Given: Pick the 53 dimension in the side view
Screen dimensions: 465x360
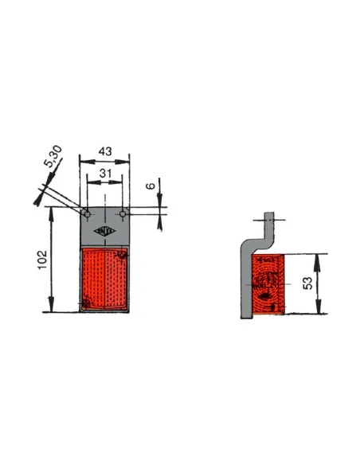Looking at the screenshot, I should coord(307,283).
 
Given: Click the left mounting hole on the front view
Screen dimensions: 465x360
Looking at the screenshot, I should coord(87,214).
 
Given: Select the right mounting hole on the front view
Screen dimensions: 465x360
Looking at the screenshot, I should coord(122,214).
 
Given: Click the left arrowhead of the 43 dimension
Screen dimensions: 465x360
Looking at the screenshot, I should coord(83,159).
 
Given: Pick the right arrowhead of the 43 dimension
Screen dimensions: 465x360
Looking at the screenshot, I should coord(126,159).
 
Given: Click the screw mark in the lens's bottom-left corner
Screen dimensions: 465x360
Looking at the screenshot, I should coord(86,303).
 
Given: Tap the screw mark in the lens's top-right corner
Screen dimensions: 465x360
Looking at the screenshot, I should coord(122,255).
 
